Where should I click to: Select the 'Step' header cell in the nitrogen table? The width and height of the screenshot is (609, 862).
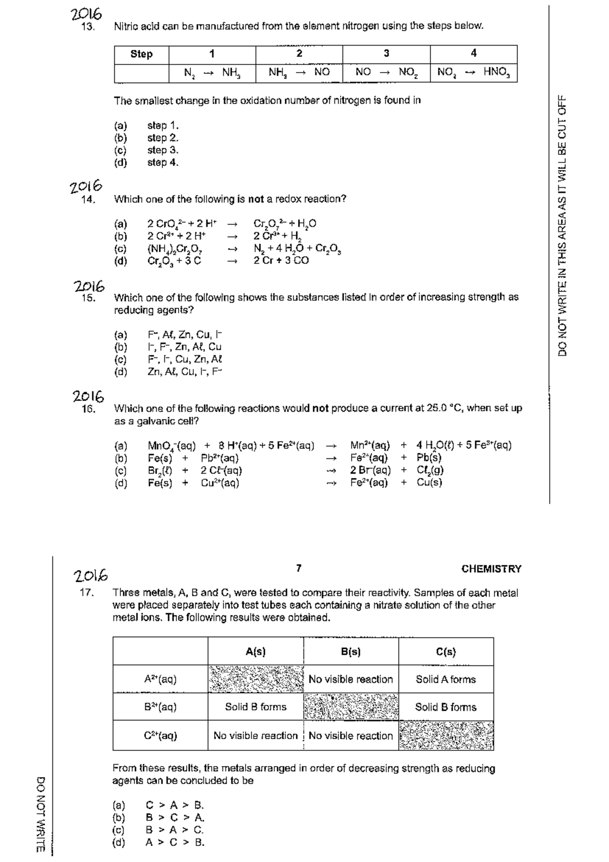point(141,54)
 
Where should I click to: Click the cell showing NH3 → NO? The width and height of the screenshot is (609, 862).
point(299,72)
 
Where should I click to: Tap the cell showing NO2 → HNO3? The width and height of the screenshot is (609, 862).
point(473,72)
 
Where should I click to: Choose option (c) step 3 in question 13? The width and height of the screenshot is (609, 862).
point(162,150)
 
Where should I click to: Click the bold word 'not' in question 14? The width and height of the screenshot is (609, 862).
point(256,199)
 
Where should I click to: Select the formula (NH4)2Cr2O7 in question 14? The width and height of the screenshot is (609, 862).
point(175,249)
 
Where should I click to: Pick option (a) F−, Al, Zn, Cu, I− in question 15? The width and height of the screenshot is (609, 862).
point(185,335)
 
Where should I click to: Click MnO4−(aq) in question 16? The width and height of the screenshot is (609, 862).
point(172,446)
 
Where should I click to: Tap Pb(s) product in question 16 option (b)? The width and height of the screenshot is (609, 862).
point(429,457)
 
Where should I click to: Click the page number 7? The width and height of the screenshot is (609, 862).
point(299,568)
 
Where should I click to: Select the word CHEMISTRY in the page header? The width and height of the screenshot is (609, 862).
point(491,569)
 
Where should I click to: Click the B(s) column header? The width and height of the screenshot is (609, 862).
point(351,652)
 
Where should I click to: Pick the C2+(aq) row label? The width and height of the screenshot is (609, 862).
point(160,735)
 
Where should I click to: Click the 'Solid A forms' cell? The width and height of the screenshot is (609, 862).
point(446,679)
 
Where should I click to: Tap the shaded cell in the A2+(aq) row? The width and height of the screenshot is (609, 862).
point(255,679)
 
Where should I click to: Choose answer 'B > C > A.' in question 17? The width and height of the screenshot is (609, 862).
point(175,818)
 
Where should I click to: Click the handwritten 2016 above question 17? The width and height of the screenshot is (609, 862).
point(90,576)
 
